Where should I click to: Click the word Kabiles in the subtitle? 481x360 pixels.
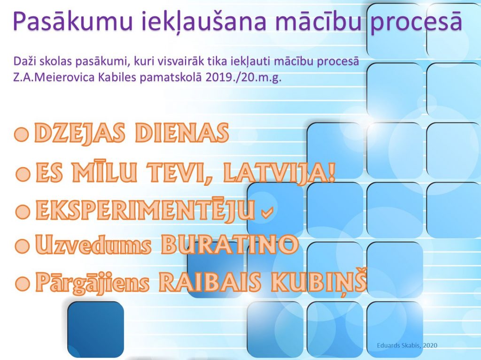tap(117, 77)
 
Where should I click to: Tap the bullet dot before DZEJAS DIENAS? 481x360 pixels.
tap(22, 134)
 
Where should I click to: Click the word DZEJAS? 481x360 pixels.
tap(80, 133)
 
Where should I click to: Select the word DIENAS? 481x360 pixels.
tap(182, 133)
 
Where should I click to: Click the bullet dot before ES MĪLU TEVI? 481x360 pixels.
tap(23, 174)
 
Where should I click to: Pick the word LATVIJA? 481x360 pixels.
tap(279, 173)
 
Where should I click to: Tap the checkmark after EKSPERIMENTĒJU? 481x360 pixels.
tap(267, 212)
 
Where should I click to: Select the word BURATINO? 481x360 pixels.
tap(230, 245)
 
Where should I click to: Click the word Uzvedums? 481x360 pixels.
tap(93, 245)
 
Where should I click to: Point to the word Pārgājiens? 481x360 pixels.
tap(93, 283)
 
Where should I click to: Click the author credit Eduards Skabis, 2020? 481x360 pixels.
tap(407, 345)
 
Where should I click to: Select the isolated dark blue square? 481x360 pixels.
tap(96, 329)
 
